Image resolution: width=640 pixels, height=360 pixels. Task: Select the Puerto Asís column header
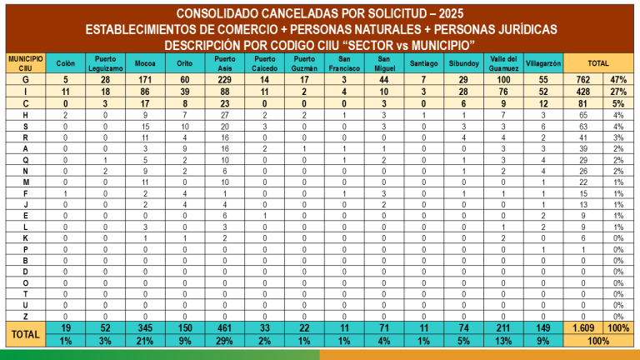click(x=224, y=63)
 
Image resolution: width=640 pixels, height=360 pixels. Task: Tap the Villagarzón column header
click(x=543, y=63)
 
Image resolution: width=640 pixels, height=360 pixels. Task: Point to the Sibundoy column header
click(x=463, y=63)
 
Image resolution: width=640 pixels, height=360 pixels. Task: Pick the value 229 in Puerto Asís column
click(x=224, y=77)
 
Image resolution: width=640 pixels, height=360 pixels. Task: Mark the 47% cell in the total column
click(x=617, y=77)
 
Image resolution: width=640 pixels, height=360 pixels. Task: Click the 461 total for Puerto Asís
click(x=224, y=327)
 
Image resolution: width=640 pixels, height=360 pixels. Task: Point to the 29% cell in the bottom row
click(x=224, y=340)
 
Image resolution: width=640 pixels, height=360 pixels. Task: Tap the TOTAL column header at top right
click(x=597, y=63)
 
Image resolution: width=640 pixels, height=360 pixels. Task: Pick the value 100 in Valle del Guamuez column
click(x=503, y=77)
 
